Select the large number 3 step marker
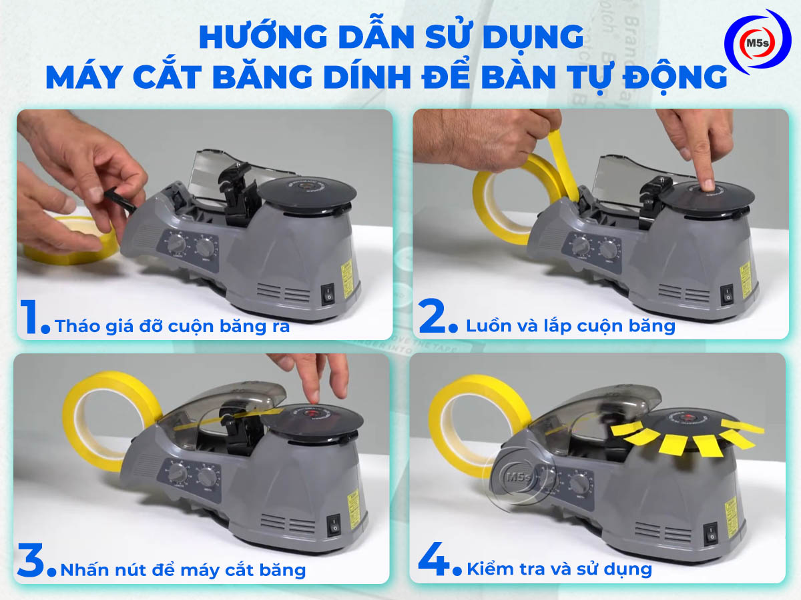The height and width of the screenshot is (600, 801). pos(31,561)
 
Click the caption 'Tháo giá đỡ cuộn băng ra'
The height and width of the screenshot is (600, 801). pos(172,327)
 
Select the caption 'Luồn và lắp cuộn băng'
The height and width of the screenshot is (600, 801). pos(571,326)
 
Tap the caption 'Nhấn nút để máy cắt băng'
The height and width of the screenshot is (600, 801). pos(183,570)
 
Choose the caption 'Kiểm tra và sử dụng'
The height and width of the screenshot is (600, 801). pos(559,569)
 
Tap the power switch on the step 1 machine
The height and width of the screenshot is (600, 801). pos(328,294)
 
